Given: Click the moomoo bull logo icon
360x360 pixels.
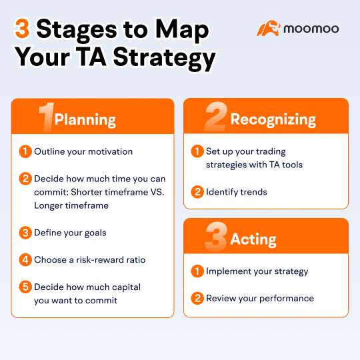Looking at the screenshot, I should coord(268,29).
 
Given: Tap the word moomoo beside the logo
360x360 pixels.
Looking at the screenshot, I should coord(311,29).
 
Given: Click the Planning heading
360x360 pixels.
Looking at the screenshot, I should coord(85,120).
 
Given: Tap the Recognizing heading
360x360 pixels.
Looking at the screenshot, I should coord(273,119).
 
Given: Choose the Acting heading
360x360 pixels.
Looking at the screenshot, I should coord(253,239).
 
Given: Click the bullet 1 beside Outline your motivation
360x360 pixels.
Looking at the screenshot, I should coord(25,151).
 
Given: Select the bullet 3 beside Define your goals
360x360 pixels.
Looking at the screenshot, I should coord(25,233).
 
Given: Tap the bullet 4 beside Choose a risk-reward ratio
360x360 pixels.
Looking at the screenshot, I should coord(25,260).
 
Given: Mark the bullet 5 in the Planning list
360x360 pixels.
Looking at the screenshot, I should coord(25,287).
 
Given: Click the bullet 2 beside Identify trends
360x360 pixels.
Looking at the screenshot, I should coord(197,192).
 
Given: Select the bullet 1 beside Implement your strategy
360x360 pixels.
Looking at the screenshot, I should coord(197,271).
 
